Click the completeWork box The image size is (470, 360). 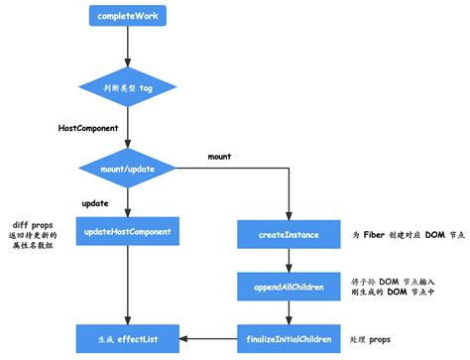point(128,17)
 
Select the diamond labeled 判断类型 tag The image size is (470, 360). point(128,87)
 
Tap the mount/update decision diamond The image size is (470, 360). point(128,169)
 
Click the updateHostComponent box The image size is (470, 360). point(128,234)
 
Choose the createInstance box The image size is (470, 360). point(289,235)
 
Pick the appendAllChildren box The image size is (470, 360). point(289,288)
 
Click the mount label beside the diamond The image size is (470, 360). point(220,157)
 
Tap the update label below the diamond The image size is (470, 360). point(94,202)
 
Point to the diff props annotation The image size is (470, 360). point(35,234)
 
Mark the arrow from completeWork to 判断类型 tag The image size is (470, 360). point(128,44)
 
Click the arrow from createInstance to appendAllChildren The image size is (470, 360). point(289,261)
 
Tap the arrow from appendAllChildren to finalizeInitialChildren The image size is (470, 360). point(289,311)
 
